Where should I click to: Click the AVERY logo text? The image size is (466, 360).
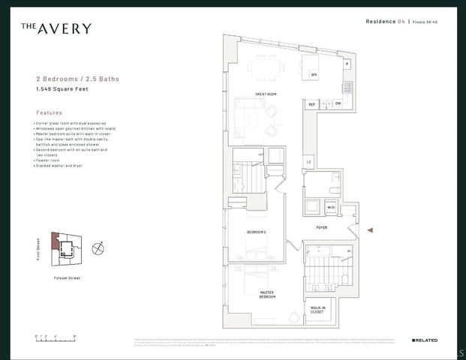click(x=56, y=28)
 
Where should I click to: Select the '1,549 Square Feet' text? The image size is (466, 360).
click(x=64, y=89)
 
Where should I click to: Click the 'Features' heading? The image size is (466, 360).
click(x=49, y=112)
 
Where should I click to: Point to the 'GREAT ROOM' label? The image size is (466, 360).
click(x=266, y=94)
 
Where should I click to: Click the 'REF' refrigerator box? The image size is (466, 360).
click(x=311, y=104)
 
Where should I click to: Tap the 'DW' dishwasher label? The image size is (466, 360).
click(x=338, y=103)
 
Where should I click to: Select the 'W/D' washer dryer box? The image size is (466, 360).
click(x=331, y=207)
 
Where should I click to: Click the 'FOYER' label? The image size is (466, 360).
click(x=321, y=227)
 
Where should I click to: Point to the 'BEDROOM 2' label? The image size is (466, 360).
click(x=257, y=232)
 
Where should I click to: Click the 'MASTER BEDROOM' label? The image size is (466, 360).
click(x=267, y=295)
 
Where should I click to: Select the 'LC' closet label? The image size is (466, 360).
click(x=308, y=161)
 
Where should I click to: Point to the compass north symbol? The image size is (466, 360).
click(x=97, y=247)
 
